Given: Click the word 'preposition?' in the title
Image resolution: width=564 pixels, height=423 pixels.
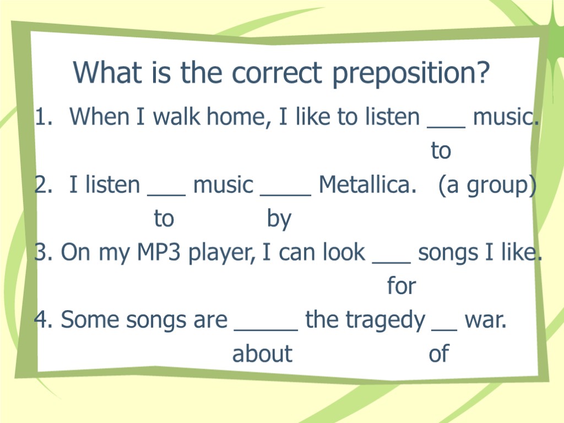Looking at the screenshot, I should click(x=411, y=73).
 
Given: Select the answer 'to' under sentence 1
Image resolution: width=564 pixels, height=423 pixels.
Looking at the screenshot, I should click(x=441, y=150).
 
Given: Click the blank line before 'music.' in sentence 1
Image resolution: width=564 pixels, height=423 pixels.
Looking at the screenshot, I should click(x=446, y=126).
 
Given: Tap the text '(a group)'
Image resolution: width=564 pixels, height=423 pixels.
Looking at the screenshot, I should click(x=487, y=186).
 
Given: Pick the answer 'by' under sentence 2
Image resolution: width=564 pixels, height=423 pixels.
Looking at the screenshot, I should click(x=279, y=220).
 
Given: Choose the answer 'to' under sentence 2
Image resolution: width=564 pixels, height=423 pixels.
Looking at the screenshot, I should click(x=164, y=219).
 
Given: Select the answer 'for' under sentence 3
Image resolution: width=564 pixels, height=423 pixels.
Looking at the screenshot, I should click(x=401, y=286).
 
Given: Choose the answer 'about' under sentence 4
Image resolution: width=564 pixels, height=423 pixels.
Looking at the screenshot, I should click(x=262, y=354).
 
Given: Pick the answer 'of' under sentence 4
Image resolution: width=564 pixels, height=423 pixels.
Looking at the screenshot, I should click(x=438, y=354).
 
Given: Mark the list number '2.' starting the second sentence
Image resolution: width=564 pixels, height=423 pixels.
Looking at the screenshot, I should click(x=44, y=186).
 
